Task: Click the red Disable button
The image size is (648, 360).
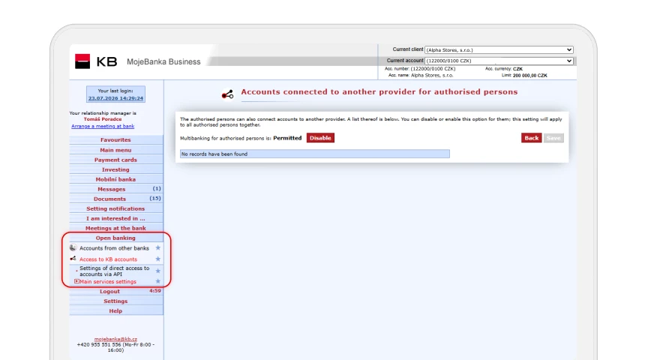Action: pos(320,138)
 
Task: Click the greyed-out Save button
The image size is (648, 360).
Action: pos(553,138)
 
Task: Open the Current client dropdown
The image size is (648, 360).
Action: pos(499,49)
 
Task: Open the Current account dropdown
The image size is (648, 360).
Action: pos(499,61)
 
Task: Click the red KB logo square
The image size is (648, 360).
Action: pos(82,61)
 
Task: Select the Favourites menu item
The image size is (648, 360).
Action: pos(115,139)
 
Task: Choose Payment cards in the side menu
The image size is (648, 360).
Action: pos(115,160)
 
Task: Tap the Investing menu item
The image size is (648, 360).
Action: pos(115,169)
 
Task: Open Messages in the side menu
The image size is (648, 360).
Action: pos(112,189)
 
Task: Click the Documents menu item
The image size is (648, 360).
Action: pos(110,199)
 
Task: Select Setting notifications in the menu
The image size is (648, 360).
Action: pos(115,208)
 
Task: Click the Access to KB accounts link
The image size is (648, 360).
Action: pos(108,259)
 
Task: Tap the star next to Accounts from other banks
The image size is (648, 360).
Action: pos(157,248)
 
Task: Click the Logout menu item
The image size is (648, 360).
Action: pos(110,292)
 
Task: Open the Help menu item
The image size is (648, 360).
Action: pos(115,310)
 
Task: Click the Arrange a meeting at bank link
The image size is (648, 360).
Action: pos(103,126)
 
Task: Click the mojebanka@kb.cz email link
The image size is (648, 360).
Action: pos(115,339)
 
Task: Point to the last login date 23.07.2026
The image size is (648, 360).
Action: pos(103,98)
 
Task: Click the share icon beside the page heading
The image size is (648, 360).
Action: pos(227,94)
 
